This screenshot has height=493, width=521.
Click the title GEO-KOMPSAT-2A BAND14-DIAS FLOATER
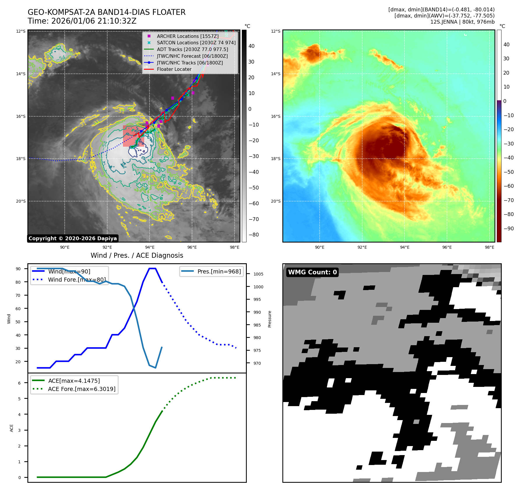[106, 12]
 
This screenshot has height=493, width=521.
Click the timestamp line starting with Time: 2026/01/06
[82, 21]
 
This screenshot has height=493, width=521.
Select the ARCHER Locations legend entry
[187, 36]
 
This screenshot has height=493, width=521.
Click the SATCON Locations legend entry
[196, 43]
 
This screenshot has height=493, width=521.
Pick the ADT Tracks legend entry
[192, 49]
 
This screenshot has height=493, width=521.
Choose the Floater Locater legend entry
[174, 69]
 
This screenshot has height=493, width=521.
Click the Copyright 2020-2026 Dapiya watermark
[73, 238]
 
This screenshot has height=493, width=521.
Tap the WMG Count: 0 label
[312, 272]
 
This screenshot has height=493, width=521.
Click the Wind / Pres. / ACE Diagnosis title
[137, 255]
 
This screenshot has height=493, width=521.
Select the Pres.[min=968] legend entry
[219, 271]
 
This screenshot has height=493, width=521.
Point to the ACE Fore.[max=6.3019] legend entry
[82, 389]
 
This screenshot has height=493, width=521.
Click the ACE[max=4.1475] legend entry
[74, 381]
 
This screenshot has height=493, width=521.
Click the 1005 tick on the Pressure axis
[258, 274]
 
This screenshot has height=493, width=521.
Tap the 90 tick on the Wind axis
[18, 269]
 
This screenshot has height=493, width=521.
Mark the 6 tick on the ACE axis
[20, 383]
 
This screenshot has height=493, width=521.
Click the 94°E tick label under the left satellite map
[150, 247]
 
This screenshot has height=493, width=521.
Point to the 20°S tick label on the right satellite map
[276, 201]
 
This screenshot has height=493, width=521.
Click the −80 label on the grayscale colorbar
[254, 235]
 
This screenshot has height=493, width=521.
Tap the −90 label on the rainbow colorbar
[508, 229]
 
